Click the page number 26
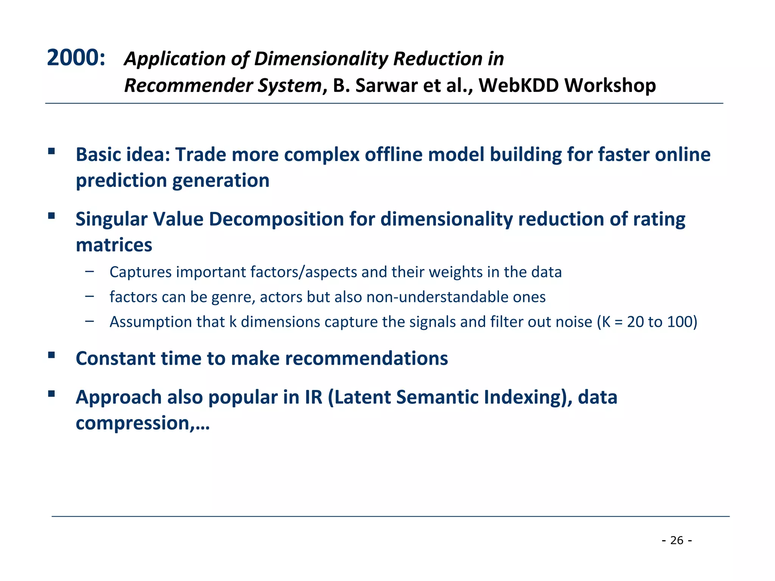[677, 540]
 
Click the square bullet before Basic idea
[51, 152]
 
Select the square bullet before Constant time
[51, 355]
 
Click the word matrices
[114, 245]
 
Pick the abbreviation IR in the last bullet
[313, 398]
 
